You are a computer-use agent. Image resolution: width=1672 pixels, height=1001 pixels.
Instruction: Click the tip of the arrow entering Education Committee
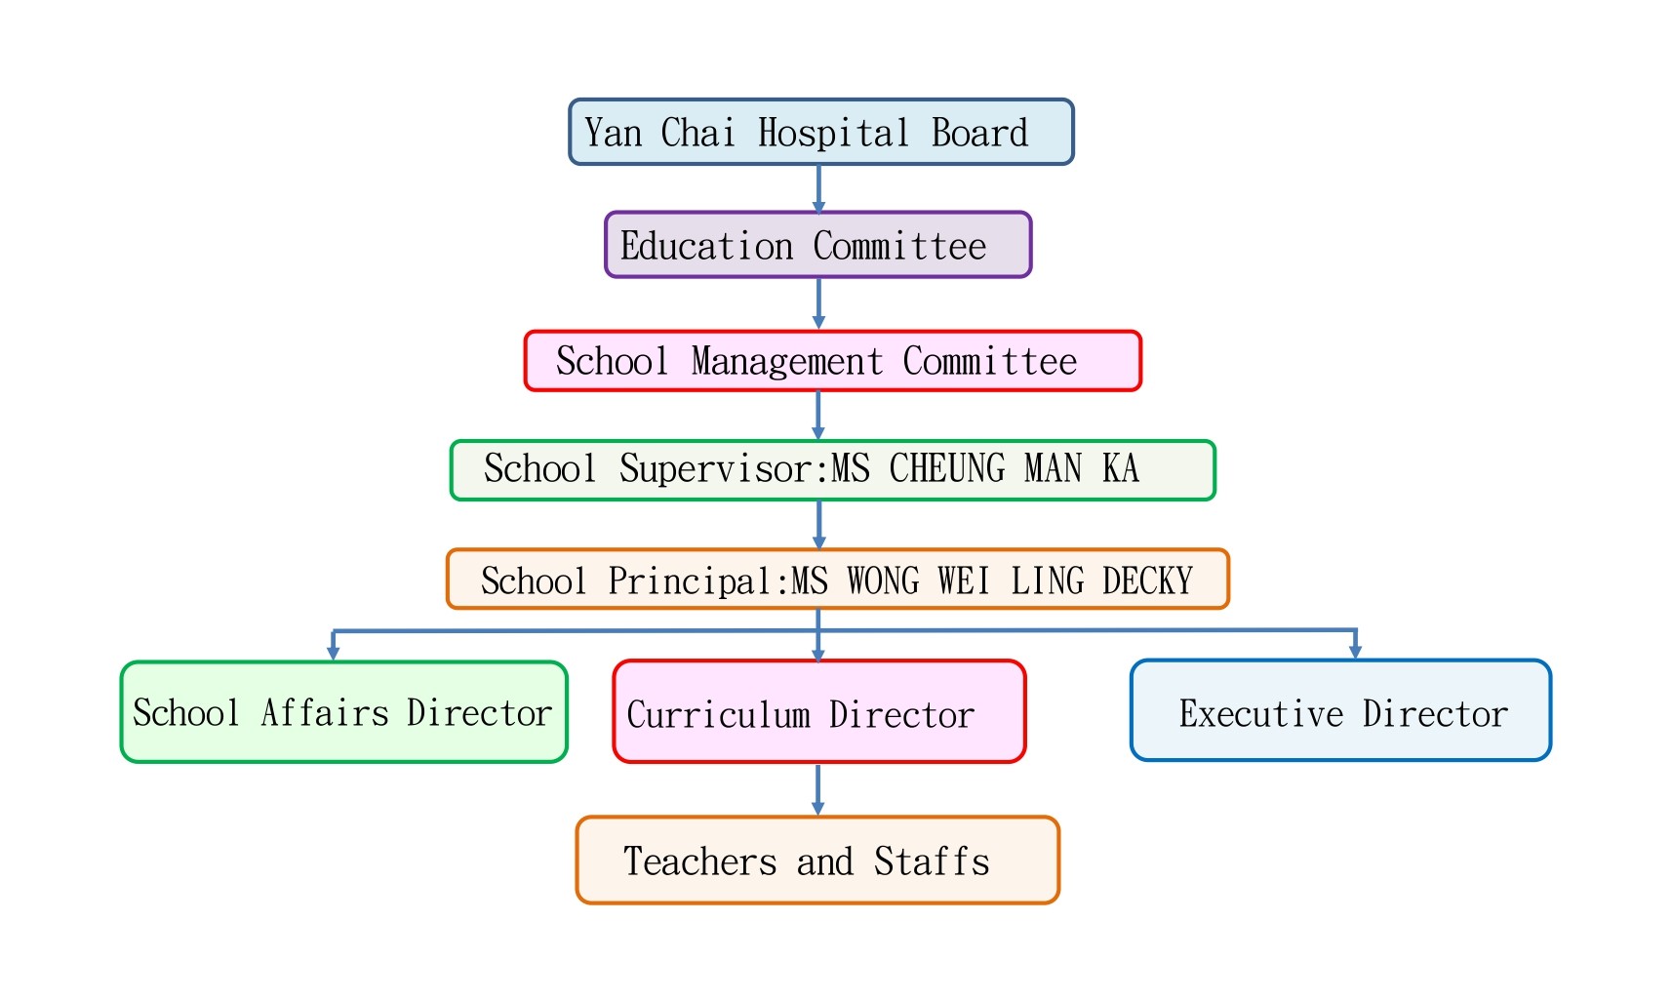coord(818,214)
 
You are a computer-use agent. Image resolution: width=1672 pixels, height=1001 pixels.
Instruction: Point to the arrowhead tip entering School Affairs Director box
coord(334,661)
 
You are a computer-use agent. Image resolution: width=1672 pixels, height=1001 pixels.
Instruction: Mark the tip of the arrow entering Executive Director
coord(1356,660)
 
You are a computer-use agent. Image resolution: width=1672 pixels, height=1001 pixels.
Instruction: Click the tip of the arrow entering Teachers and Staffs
coord(818,815)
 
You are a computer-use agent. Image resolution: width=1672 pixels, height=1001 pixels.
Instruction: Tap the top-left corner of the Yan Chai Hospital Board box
coord(570,100)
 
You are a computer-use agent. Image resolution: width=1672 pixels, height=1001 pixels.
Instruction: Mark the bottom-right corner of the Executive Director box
coord(1551,761)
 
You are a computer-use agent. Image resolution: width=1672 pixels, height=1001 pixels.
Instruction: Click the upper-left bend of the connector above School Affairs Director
coord(334,631)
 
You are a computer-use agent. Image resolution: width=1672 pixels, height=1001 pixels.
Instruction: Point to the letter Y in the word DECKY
coord(1184,581)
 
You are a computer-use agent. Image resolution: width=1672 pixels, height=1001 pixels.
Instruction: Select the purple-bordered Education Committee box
coord(818,245)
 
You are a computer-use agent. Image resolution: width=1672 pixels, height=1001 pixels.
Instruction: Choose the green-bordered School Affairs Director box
coord(344,712)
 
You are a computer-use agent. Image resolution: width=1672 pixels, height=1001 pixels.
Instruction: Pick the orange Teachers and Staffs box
coord(817,860)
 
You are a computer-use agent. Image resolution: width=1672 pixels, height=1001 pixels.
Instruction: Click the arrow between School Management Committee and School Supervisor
coord(818,415)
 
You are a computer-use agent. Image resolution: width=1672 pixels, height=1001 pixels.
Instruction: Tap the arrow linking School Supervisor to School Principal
coord(818,525)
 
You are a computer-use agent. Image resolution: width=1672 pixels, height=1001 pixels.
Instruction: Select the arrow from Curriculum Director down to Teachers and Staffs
coord(818,789)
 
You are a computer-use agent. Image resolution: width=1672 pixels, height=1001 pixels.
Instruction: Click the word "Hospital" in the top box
coord(834,134)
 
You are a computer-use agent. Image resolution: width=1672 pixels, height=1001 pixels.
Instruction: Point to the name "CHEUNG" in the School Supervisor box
coord(947,468)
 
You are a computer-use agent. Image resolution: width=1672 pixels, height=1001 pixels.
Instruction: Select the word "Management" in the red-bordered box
coord(787,362)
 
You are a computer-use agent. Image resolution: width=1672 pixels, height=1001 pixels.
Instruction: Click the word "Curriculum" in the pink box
coord(719,715)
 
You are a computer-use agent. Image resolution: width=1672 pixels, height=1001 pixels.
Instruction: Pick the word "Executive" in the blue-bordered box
coord(1261,713)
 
